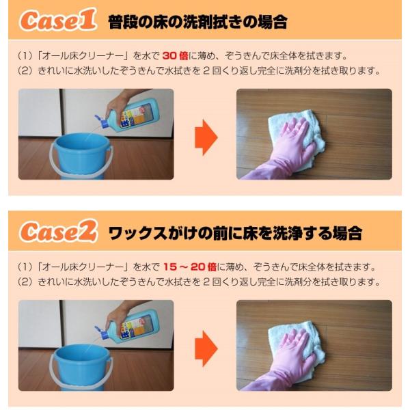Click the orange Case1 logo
(58, 20)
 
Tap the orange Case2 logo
(59, 231)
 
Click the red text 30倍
(175, 56)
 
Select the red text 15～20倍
(190, 266)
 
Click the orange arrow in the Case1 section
(206, 137)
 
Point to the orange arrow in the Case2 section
(206, 348)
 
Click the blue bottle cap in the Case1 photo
(101, 122)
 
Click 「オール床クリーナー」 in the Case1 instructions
(83, 56)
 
